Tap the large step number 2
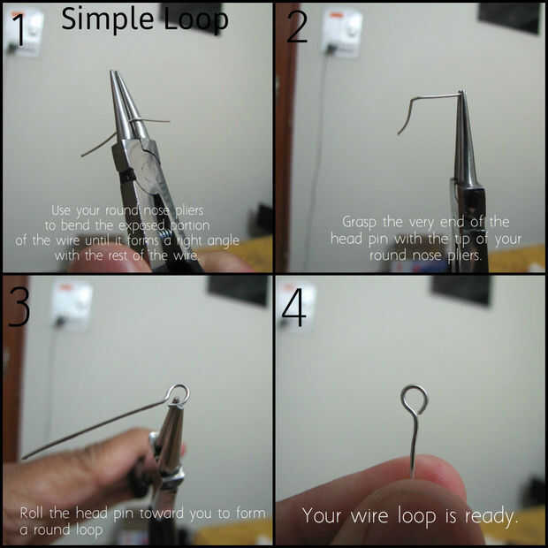pos(297,27)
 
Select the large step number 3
pos(19,307)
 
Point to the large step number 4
pos(294,307)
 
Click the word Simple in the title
pos(108,20)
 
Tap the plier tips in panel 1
pos(114,72)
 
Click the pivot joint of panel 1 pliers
pos(147,162)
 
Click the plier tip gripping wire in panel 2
pos(461,93)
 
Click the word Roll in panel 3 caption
pos(33,513)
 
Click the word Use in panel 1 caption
pos(61,210)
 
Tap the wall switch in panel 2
pos(343,32)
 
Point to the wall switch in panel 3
pos(72,306)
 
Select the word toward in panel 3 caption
pos(162,513)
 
